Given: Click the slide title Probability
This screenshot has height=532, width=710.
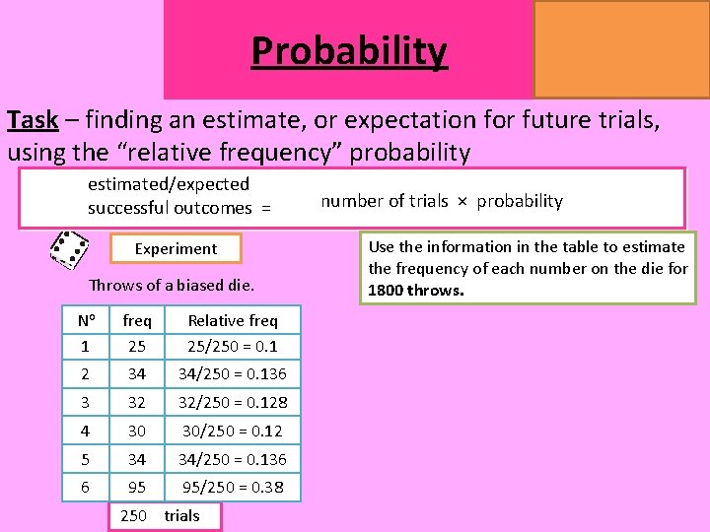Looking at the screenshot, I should tap(349, 49).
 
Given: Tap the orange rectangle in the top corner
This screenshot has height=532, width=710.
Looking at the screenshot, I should tap(621, 48).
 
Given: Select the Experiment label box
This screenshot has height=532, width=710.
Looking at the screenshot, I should tap(176, 249).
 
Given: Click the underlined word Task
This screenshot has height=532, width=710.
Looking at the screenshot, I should tap(32, 120).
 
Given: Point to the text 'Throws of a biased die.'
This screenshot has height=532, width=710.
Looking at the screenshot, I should tap(172, 286).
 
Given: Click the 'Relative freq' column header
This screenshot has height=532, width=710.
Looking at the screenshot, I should tap(233, 320).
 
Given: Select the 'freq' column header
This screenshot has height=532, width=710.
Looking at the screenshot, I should tap(137, 320).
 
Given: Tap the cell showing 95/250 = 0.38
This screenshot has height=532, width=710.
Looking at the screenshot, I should tap(233, 487).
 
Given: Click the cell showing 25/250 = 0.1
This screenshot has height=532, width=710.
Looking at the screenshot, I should tap(233, 346).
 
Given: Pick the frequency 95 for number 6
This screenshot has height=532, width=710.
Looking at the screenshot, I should tap(137, 487).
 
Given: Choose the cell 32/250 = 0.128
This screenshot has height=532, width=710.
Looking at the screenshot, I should tap(233, 402).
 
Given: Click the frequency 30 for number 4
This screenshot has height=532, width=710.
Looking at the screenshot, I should tap(137, 431).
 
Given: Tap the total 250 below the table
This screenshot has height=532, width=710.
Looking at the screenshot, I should tap(133, 515).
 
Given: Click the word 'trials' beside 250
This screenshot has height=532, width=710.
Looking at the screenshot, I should tap(181, 515).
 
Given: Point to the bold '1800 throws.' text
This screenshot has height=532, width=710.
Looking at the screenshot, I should tap(415, 291).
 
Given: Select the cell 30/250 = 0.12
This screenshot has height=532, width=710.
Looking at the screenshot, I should tap(233, 431).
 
